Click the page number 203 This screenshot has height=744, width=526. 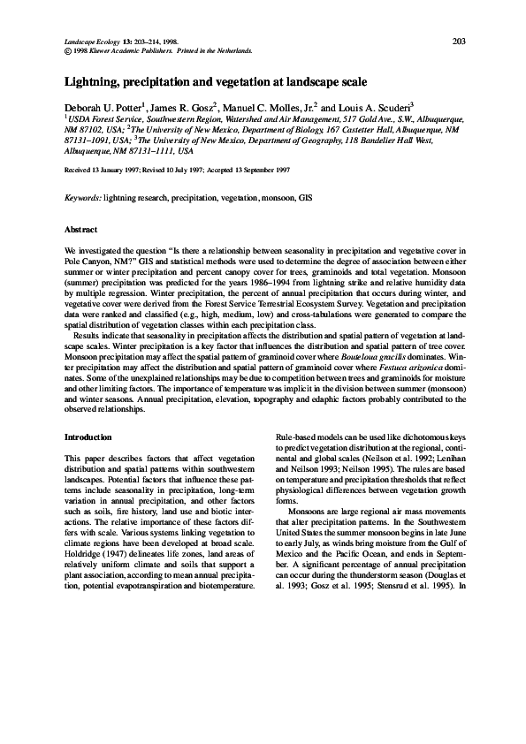tap(459, 41)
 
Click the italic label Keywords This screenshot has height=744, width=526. tap(83, 199)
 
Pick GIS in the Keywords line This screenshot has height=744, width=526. tap(306, 199)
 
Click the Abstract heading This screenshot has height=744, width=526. tap(80, 229)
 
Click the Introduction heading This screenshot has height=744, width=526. tap(88, 437)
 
